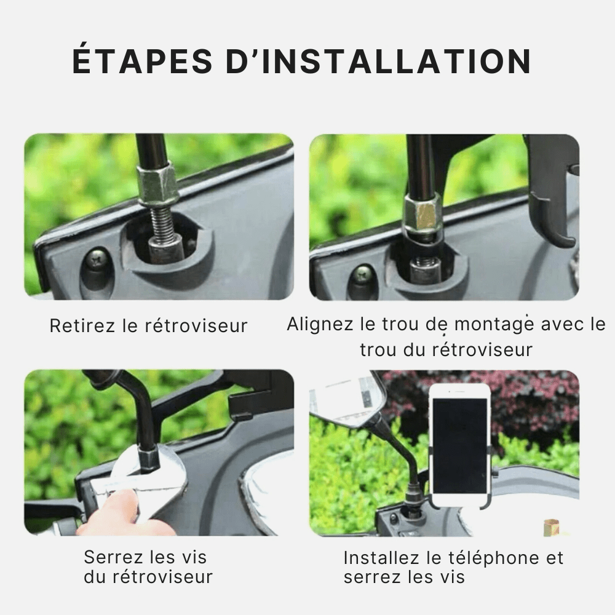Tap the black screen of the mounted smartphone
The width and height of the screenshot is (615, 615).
(459, 445)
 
